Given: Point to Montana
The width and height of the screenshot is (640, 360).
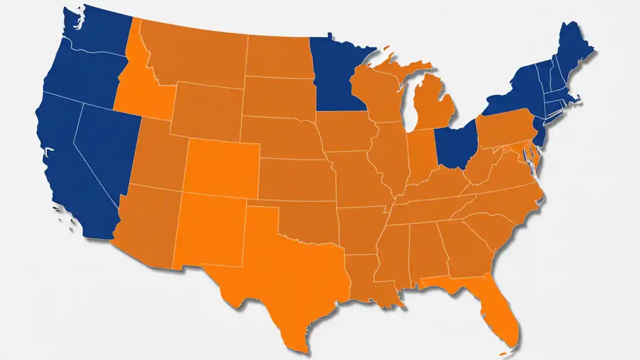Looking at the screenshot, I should tap(195, 55).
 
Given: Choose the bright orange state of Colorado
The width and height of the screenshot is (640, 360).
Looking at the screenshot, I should tap(222, 167).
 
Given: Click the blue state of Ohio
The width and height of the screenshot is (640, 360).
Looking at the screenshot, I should tap(455, 145).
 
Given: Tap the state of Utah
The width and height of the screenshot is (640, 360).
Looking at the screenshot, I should tap(160, 155).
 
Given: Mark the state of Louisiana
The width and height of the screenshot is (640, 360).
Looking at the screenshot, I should tap(367, 280).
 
